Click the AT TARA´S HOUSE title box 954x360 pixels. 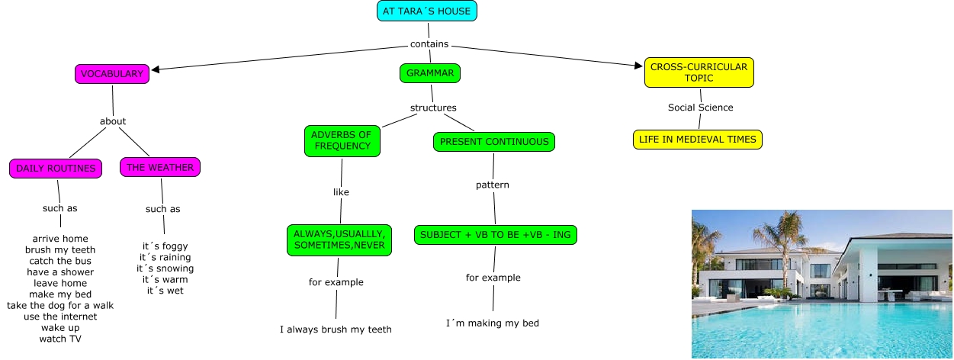click(x=427, y=11)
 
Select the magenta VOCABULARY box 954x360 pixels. click(x=112, y=74)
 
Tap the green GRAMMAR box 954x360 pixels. click(x=430, y=73)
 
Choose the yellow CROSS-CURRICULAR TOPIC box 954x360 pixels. click(x=699, y=72)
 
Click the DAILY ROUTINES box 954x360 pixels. click(x=56, y=169)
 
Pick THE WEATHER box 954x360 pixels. click(x=160, y=167)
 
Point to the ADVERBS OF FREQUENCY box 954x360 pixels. click(x=342, y=140)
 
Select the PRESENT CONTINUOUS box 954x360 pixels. click(x=494, y=141)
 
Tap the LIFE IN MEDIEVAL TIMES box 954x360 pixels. click(x=698, y=140)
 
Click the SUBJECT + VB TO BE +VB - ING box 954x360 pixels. click(x=496, y=235)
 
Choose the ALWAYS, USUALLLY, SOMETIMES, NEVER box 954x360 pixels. click(x=339, y=239)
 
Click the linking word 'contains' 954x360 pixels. click(x=429, y=44)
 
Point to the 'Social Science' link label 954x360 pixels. click(x=701, y=108)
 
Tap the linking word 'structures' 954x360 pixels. click(x=433, y=108)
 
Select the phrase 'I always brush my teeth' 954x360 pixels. click(x=336, y=329)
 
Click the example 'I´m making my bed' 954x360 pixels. click(x=493, y=323)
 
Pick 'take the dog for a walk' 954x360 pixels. click(x=60, y=306)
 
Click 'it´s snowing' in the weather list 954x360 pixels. click(x=165, y=268)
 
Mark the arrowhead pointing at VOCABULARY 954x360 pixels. click(x=156, y=69)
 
